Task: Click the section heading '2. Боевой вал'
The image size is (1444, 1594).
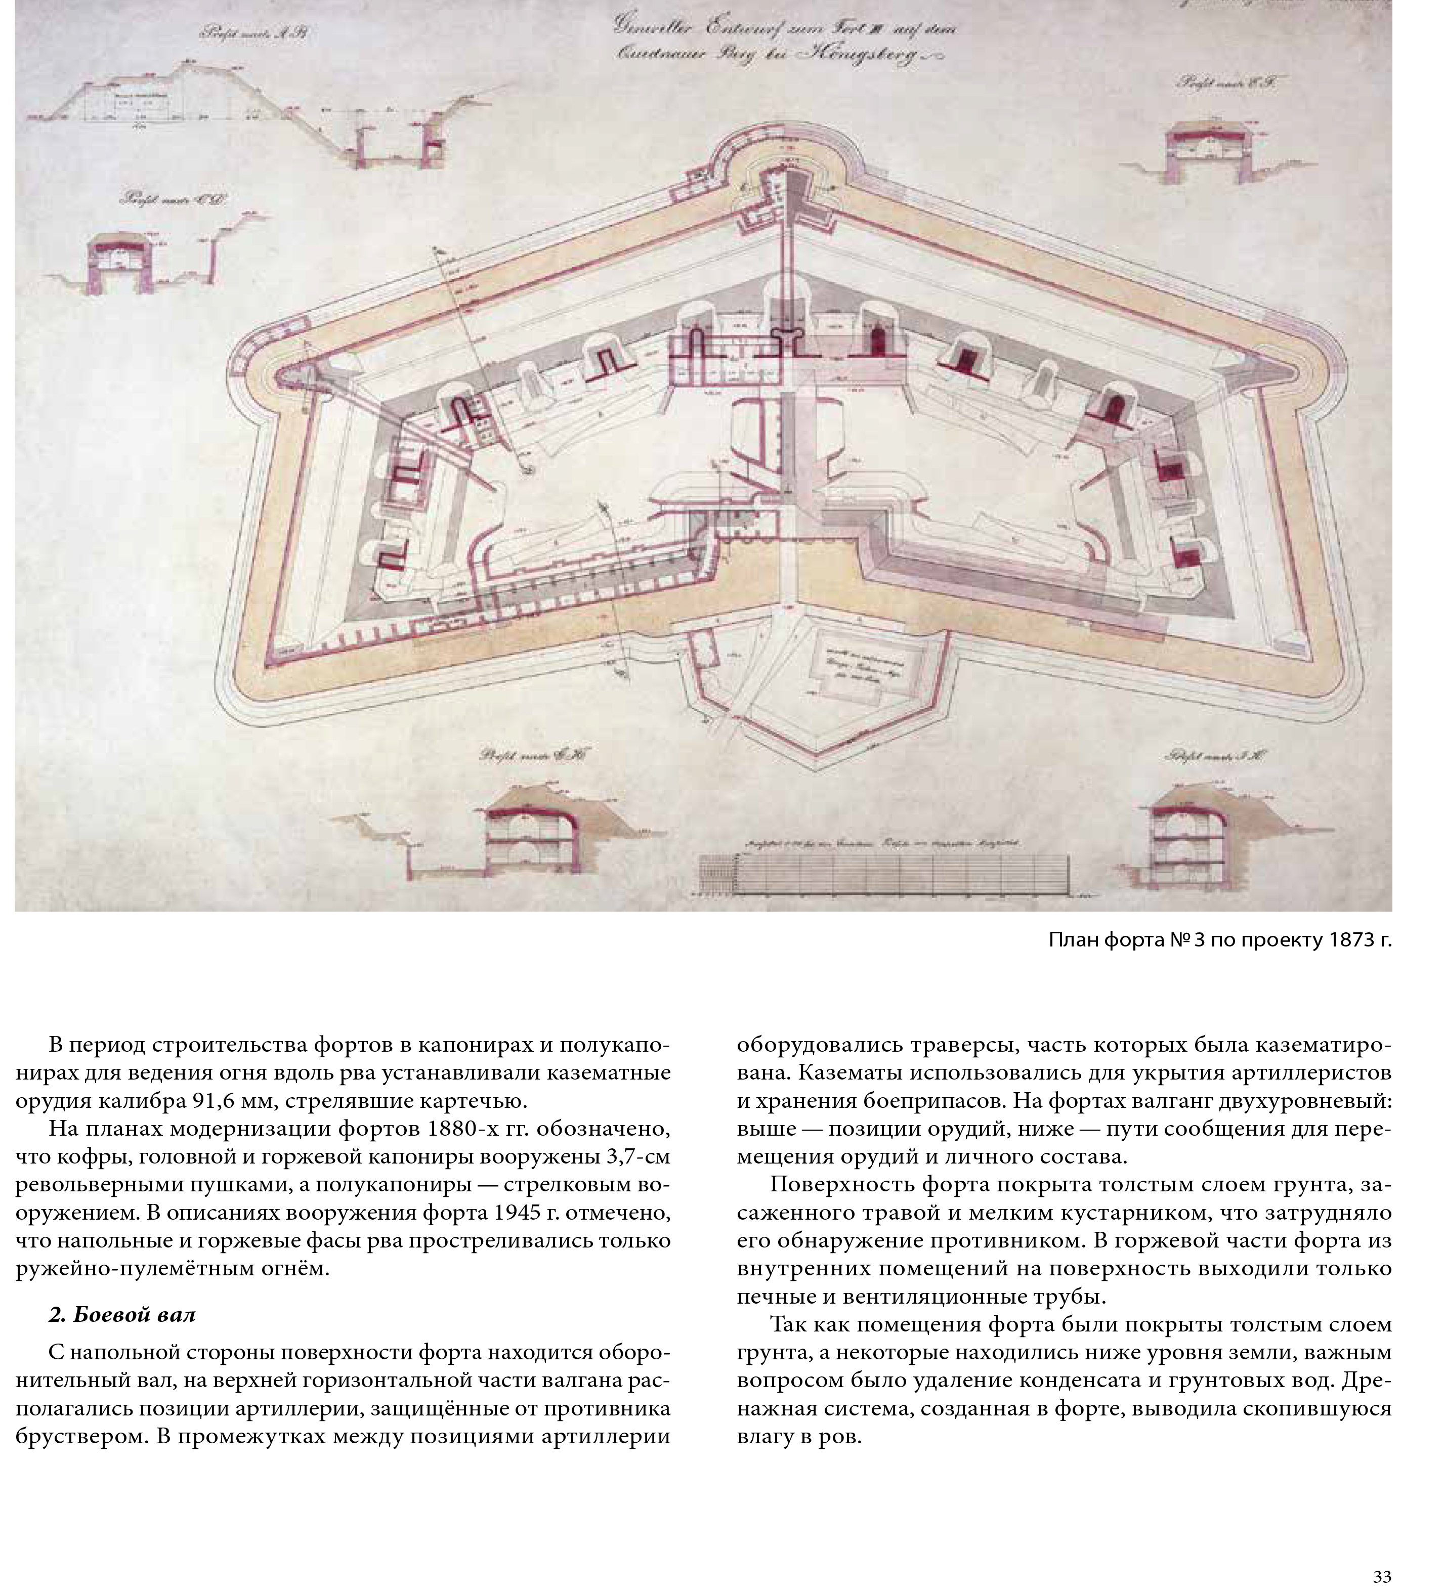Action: [x=122, y=1314]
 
